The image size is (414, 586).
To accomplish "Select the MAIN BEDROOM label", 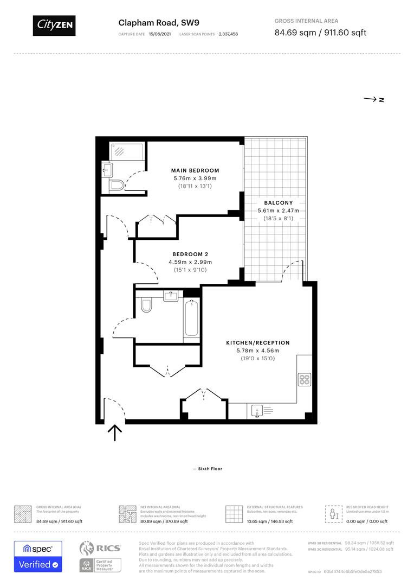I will pos(195,170).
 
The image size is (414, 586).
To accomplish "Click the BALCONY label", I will pos(279,203).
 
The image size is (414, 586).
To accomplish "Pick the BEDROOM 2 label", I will pos(190,254).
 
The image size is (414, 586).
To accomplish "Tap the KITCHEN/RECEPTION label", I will pos(257,343).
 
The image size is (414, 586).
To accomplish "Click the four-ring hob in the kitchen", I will pos(303,379).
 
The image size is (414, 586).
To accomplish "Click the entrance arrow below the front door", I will pos(115,432).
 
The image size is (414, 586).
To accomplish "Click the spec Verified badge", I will pos(38,556).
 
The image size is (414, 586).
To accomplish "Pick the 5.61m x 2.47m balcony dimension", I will pos(279,211).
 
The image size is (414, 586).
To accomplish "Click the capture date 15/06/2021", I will pos(160,34).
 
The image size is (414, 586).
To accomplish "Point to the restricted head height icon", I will pos(332,513).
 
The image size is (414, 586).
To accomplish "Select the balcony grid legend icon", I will pos(234,513).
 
